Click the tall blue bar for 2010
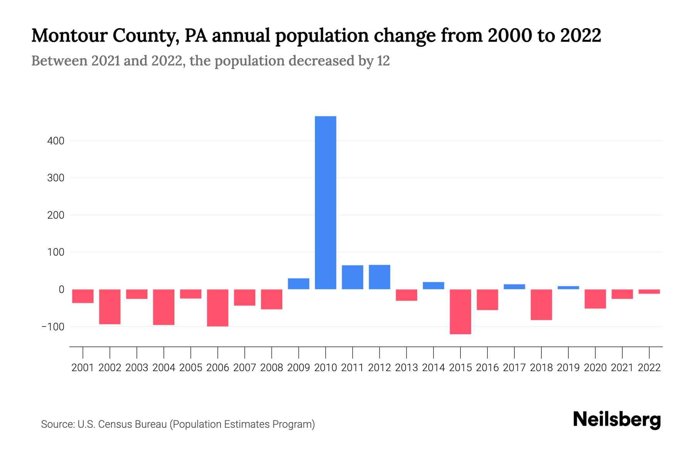point(325,203)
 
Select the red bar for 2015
point(460,311)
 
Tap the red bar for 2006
point(217,308)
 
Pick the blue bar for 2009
point(298,284)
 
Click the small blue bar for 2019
point(568,288)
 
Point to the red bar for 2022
point(649,291)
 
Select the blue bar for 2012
point(379,277)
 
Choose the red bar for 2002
point(110,306)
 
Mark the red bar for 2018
point(541,305)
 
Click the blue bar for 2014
point(433,286)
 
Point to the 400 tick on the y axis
point(56,141)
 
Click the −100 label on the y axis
point(53,327)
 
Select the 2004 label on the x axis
point(164,368)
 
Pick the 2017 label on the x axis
point(514,368)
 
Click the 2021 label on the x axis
point(622,368)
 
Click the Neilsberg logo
point(617,420)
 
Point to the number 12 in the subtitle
point(383,61)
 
